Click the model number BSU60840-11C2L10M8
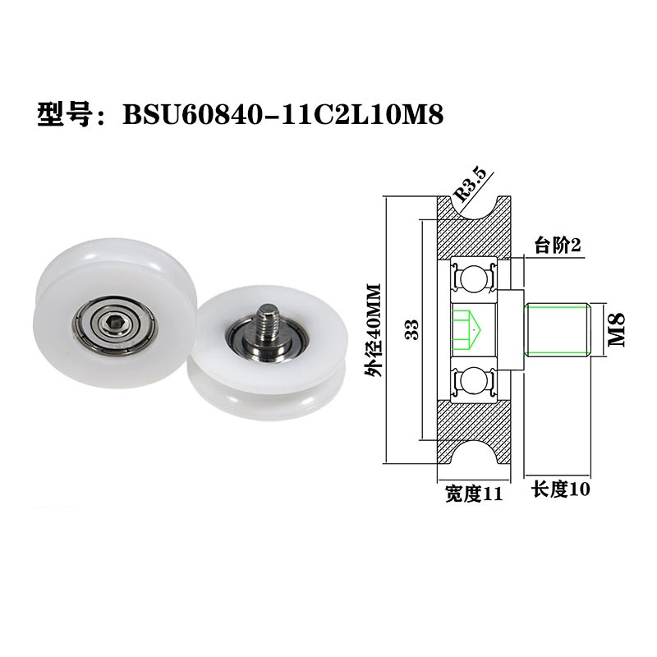tap(283, 115)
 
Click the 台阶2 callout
tap(558, 245)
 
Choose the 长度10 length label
tap(561, 490)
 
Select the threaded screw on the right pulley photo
tap(266, 321)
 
